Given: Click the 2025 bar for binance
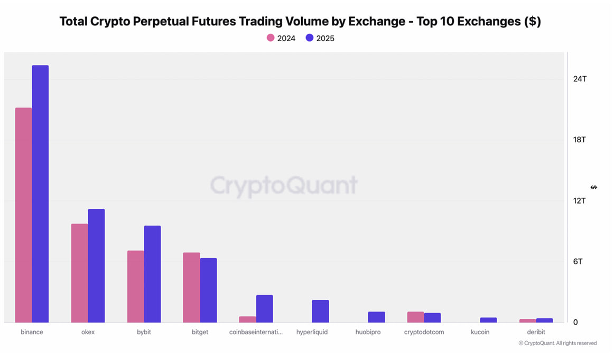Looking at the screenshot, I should pyautogui.click(x=40, y=194).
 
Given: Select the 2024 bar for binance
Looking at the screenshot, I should pyautogui.click(x=23, y=215).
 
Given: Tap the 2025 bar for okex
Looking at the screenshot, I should pyautogui.click(x=96, y=266).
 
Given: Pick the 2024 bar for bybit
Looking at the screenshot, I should pyautogui.click(x=135, y=287).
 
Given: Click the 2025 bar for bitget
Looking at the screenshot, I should pyautogui.click(x=208, y=290).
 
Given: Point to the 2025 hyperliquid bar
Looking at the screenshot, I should pyautogui.click(x=320, y=311).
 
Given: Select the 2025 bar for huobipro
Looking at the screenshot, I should pyautogui.click(x=376, y=317).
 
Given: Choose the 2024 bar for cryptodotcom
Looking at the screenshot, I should pyautogui.click(x=415, y=317).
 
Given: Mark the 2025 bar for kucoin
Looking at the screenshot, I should pyautogui.click(x=488, y=320).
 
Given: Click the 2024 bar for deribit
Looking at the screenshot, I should pyautogui.click(x=527, y=321).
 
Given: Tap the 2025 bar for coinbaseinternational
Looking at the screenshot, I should pyautogui.click(x=264, y=309).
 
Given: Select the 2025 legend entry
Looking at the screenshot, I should pyautogui.click(x=320, y=38).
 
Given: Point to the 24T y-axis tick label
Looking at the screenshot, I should pyautogui.click(x=580, y=79).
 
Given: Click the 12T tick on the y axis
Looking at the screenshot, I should pyautogui.click(x=580, y=201).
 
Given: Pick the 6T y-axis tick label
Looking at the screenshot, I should pyautogui.click(x=578, y=262).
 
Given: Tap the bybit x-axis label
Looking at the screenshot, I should pyautogui.click(x=144, y=332).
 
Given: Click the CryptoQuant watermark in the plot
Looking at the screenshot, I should pyautogui.click(x=284, y=185).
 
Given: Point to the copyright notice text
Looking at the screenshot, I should pyautogui.click(x=557, y=343).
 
